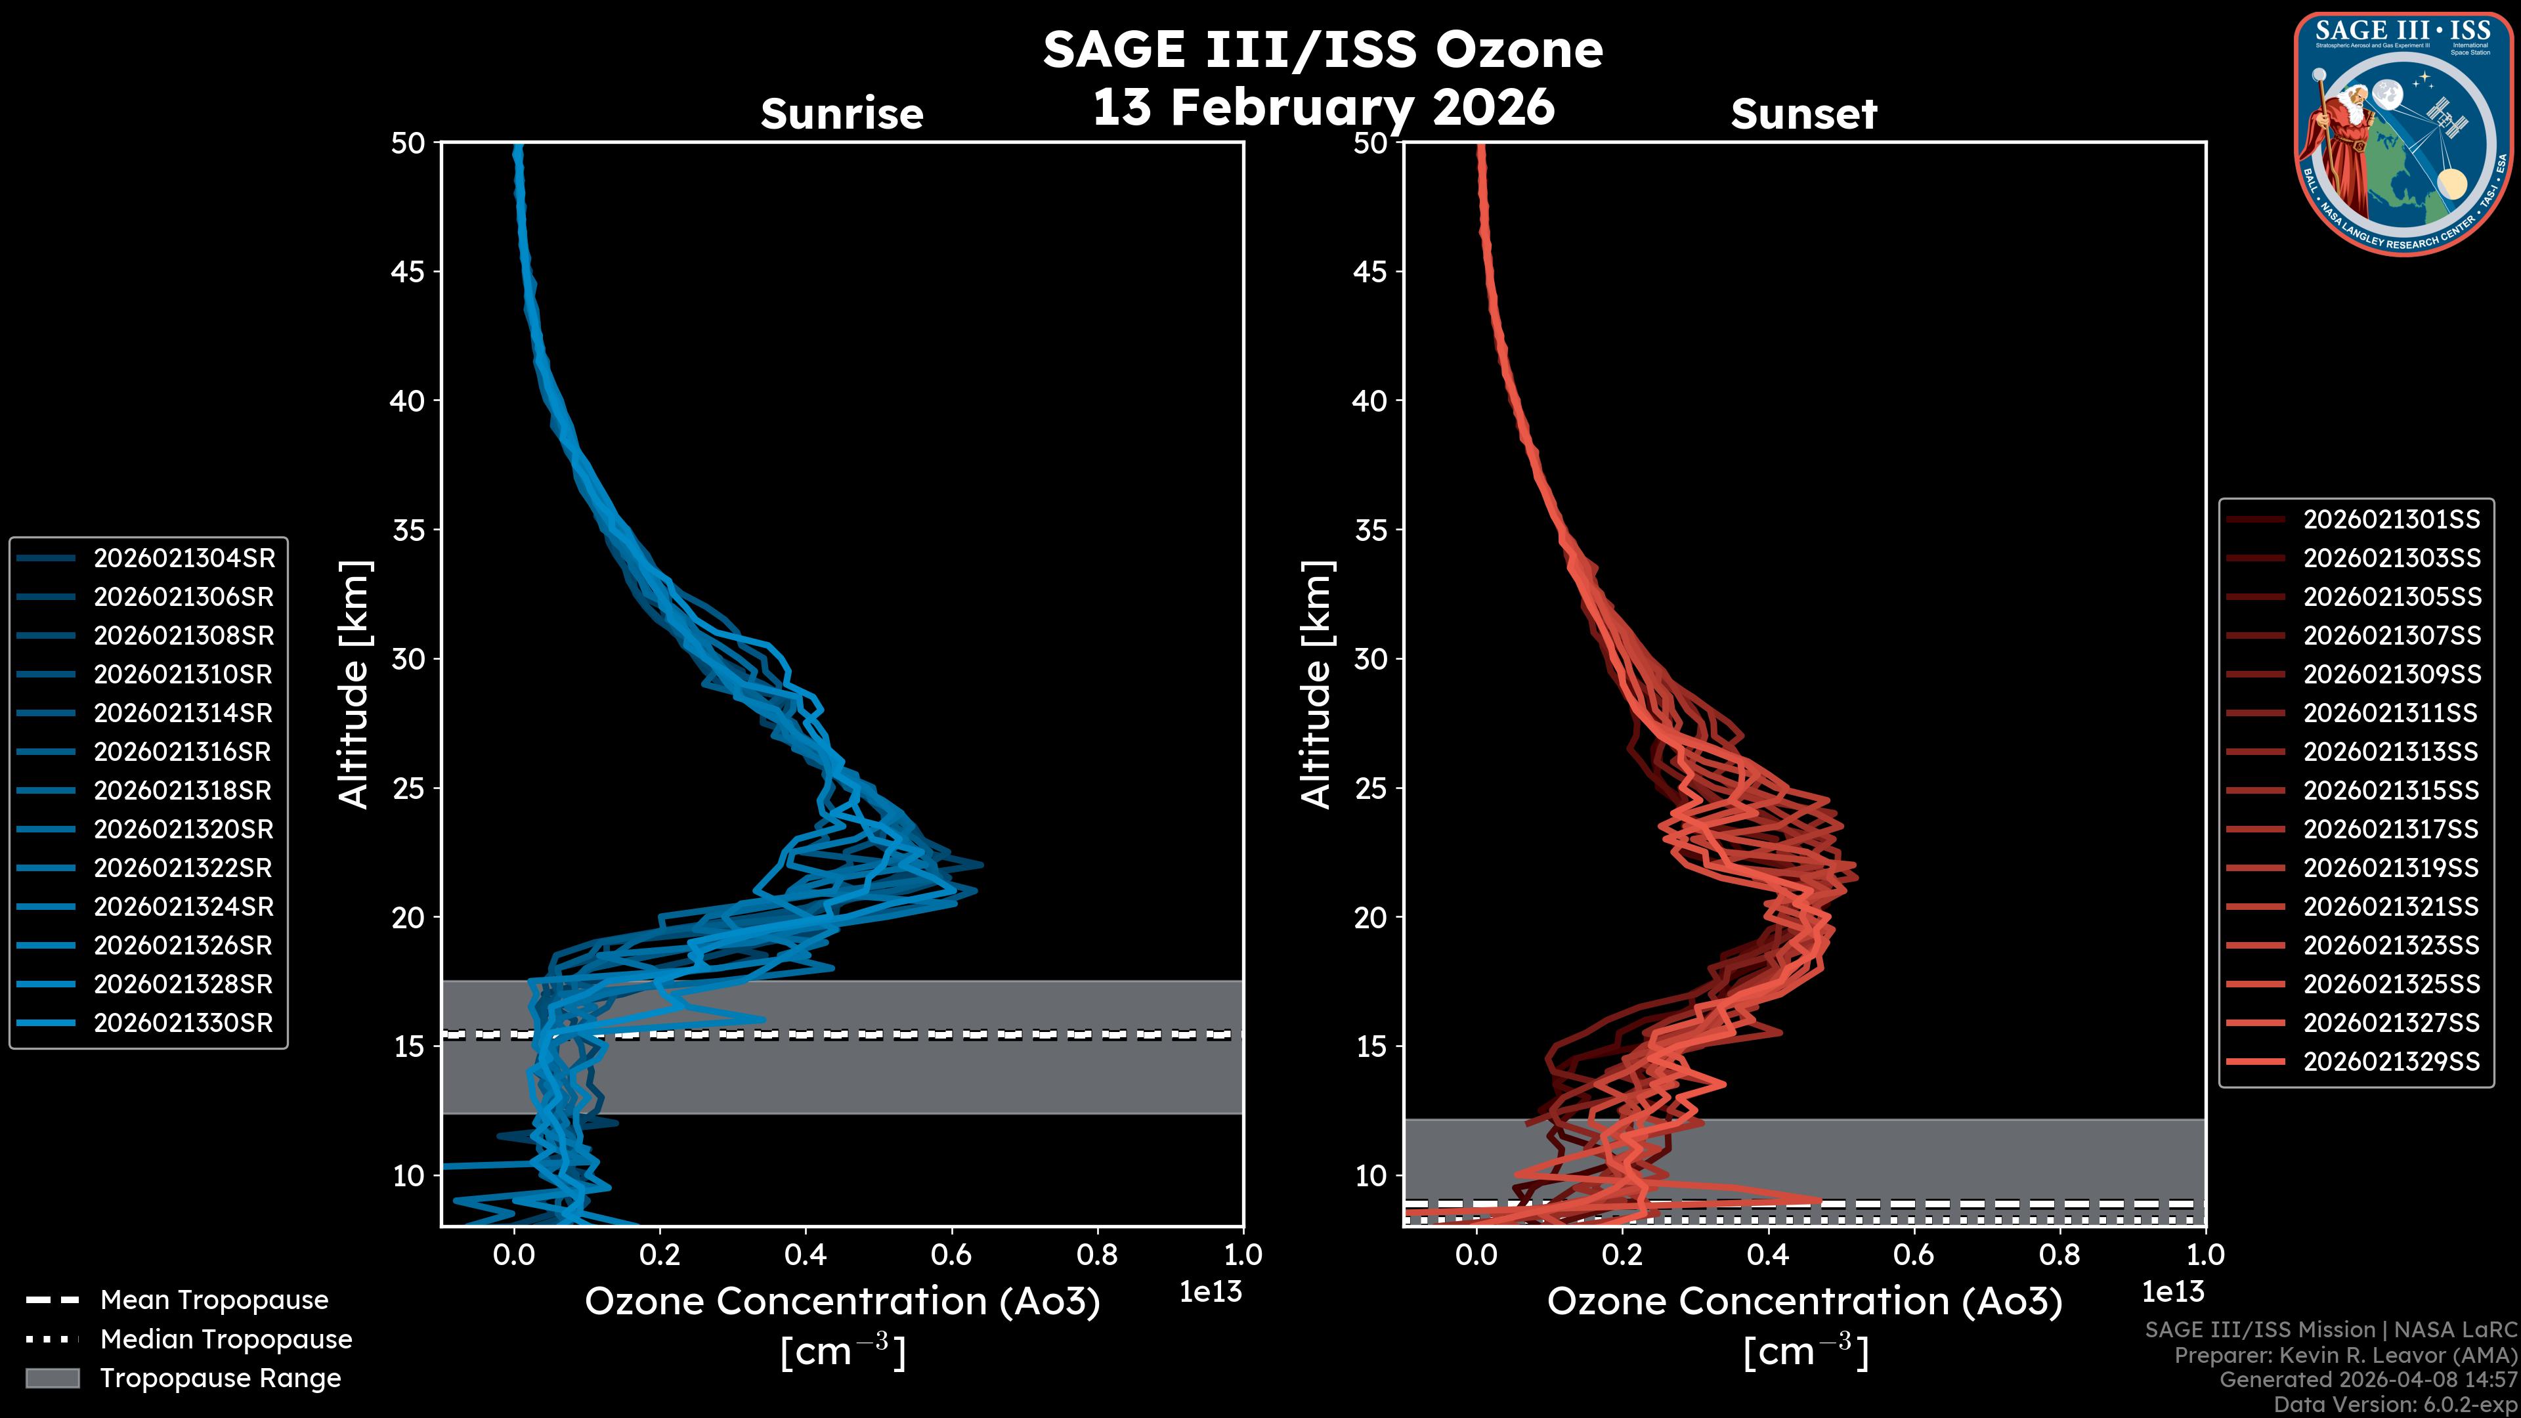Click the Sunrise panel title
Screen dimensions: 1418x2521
(x=842, y=114)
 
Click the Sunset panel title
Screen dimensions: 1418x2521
(x=1803, y=114)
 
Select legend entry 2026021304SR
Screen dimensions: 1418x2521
(x=184, y=558)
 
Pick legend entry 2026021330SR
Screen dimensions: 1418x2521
(x=184, y=1023)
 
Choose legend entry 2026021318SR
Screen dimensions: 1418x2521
(x=184, y=790)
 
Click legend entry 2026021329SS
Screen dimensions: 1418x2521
(x=2391, y=1062)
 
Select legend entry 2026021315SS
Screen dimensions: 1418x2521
(x=2391, y=790)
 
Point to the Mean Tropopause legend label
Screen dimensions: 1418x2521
(x=214, y=1300)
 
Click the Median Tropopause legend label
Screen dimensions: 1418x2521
(x=226, y=1339)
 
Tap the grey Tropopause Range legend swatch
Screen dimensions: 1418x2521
(x=52, y=1378)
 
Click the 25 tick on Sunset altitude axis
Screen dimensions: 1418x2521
(x=1370, y=788)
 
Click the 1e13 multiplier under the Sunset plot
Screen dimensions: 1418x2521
(x=2172, y=1292)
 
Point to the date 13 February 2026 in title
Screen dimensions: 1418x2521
(x=1323, y=106)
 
